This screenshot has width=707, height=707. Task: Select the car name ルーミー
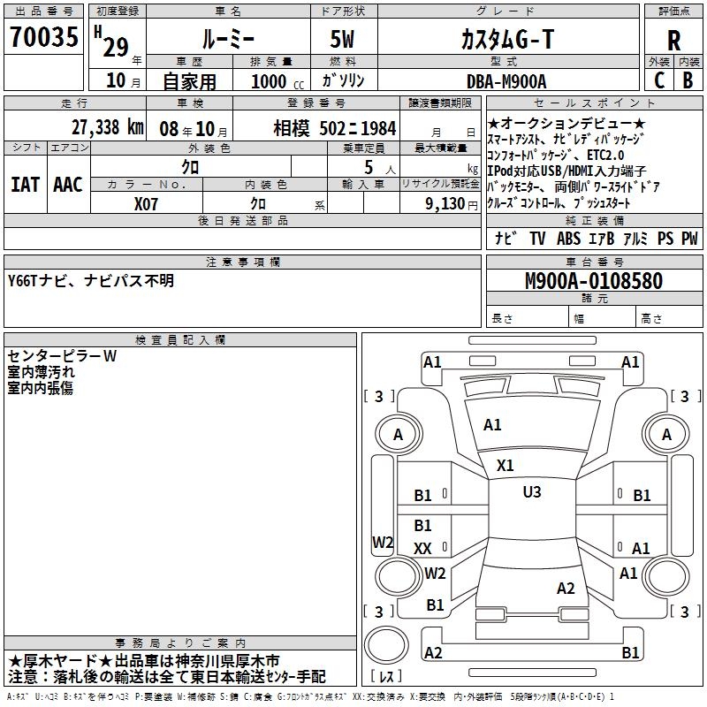227,39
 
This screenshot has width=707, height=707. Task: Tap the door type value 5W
344,39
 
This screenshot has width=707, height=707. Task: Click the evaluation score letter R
673,41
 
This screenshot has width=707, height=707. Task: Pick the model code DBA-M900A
506,81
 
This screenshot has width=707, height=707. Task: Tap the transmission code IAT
25,184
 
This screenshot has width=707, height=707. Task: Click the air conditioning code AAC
68,184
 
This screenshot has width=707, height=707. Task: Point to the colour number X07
147,203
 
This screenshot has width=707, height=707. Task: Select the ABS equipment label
568,239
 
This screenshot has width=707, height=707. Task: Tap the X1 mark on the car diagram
506,465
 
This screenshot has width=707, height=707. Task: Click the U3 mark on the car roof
531,491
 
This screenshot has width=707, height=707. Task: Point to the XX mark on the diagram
422,549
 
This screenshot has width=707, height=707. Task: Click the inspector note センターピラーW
62,356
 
